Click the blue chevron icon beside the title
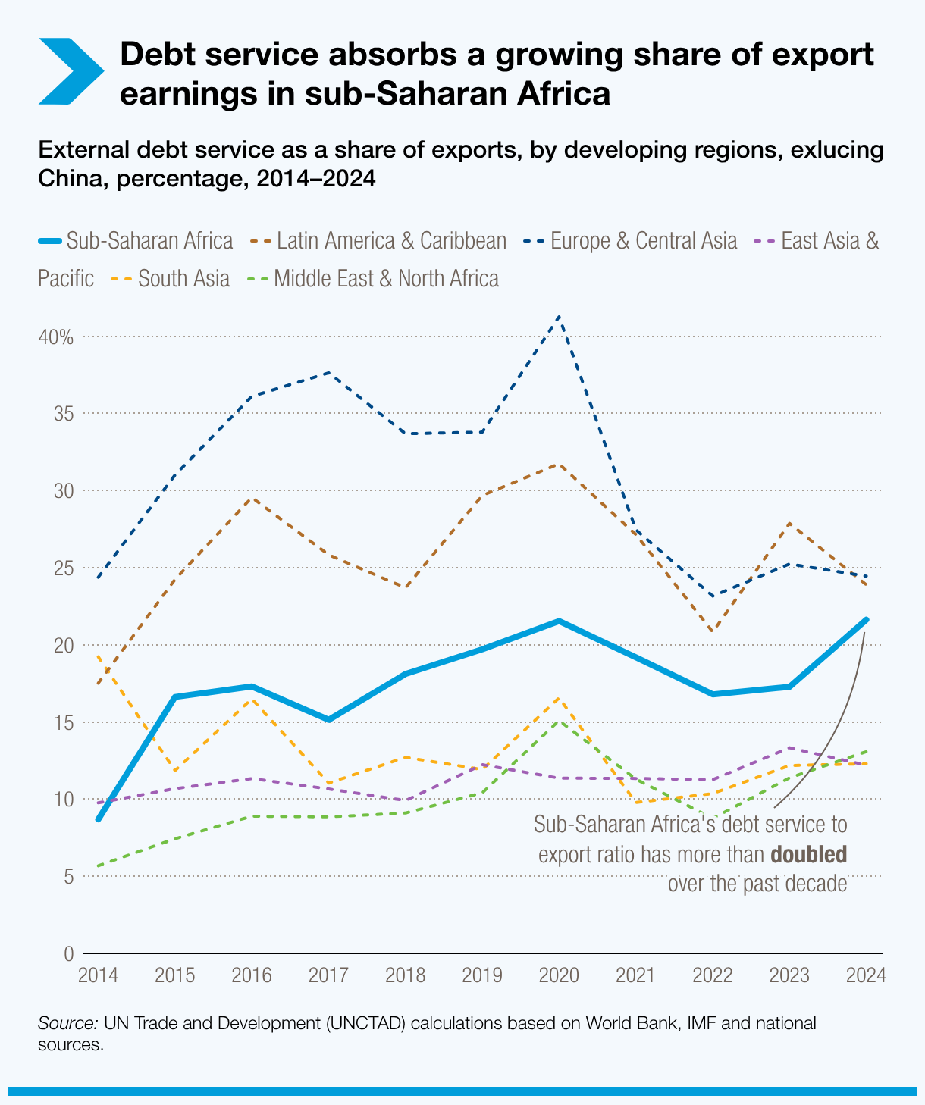click(x=71, y=70)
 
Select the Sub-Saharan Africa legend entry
click(x=136, y=241)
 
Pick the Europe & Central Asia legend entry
click(x=630, y=241)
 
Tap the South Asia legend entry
click(x=171, y=278)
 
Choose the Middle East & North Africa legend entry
click(x=374, y=278)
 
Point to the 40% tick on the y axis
click(x=56, y=337)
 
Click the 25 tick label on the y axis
click(x=64, y=568)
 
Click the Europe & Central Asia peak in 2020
click(x=559, y=316)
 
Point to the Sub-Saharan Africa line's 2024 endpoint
click(x=866, y=620)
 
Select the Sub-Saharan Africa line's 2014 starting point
click(x=99, y=819)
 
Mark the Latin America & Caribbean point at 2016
click(x=252, y=498)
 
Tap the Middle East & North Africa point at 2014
click(x=99, y=866)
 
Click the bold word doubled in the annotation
click(x=808, y=855)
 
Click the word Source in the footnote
click(x=67, y=1023)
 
